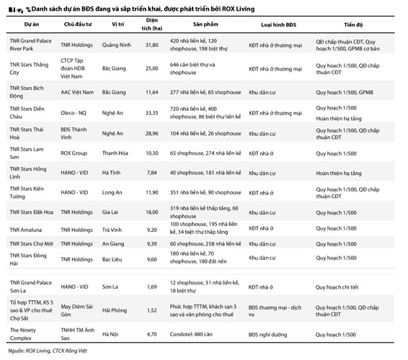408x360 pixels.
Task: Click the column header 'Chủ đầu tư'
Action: [78, 24]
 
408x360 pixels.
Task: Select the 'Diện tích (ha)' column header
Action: [151, 24]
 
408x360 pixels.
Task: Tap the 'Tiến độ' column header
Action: [353, 24]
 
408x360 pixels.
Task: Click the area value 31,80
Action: [151, 45]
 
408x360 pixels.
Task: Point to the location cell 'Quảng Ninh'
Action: [116, 45]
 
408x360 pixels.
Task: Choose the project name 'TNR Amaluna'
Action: [26, 230]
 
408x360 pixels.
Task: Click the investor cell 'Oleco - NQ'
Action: [74, 113]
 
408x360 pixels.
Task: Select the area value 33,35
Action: [151, 113]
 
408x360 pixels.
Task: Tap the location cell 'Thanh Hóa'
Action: [115, 153]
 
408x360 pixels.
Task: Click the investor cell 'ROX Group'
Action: [74, 153]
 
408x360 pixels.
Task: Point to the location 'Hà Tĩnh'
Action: [111, 173]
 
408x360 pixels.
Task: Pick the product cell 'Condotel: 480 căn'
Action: [191, 334]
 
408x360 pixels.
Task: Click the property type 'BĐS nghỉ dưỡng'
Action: [267, 335]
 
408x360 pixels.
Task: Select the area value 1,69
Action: [151, 287]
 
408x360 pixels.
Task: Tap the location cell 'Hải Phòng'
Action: [115, 310]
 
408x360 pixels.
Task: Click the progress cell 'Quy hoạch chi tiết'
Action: [337, 287]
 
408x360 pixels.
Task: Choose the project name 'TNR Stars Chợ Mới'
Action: [32, 244]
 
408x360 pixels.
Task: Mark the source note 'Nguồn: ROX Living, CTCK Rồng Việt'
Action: [48, 351]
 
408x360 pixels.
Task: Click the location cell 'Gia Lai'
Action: [110, 212]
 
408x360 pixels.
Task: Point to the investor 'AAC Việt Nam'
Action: [77, 92]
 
